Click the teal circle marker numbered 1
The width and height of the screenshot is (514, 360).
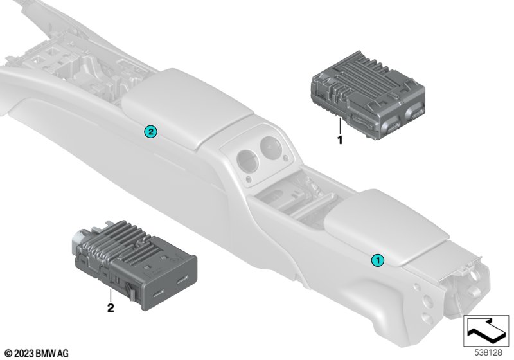tap(377, 260)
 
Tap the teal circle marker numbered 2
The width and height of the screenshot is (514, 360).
tap(150, 132)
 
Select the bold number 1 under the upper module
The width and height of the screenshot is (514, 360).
tap(340, 140)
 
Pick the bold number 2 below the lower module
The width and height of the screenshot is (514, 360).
tap(111, 308)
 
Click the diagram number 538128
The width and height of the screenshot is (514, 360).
tap(488, 352)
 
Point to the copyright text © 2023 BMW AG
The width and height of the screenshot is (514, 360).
tap(37, 354)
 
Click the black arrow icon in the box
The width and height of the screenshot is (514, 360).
tap(486, 330)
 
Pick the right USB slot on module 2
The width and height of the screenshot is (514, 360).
tap(182, 280)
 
